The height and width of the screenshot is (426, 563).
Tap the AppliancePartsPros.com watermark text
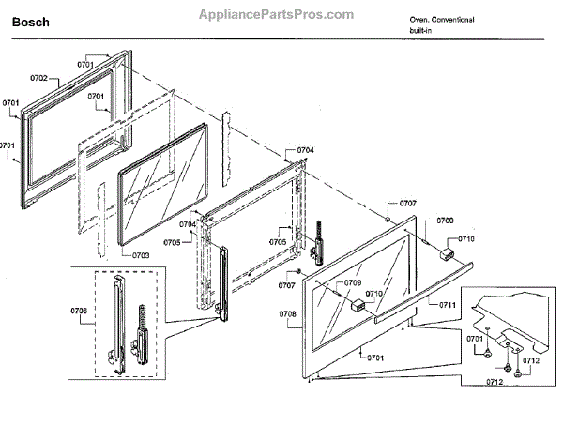(x=277, y=15)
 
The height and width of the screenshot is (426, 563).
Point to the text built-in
(x=421, y=32)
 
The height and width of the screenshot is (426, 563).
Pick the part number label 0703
(x=141, y=254)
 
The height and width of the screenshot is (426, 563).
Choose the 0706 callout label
(x=78, y=311)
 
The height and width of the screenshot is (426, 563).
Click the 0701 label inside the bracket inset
(x=476, y=338)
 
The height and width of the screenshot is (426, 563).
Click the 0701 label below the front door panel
(x=375, y=358)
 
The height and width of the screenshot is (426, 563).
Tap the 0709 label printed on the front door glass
(x=352, y=282)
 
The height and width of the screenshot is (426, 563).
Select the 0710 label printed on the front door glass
(x=374, y=294)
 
